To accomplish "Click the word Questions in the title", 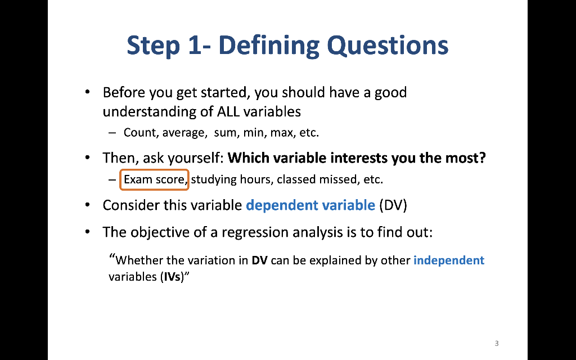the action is click(x=388, y=46).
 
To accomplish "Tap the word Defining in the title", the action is click(x=269, y=46).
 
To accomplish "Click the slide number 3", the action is click(x=497, y=344).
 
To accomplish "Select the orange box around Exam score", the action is click(x=120, y=179).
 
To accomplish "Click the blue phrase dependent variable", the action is click(x=310, y=205).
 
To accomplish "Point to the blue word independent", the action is click(x=449, y=260).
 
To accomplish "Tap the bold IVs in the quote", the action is click(x=172, y=277).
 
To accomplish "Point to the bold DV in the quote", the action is click(x=259, y=260).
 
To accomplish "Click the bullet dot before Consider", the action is click(x=87, y=205).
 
